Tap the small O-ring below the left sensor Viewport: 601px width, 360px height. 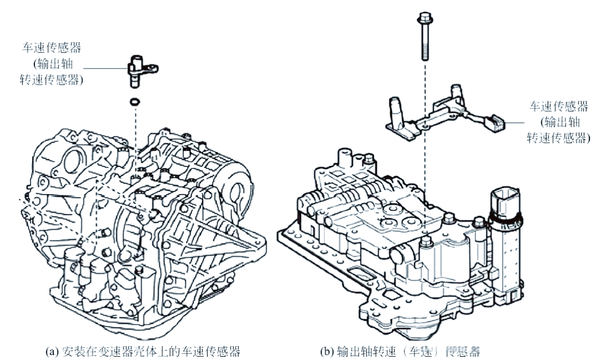[134, 102]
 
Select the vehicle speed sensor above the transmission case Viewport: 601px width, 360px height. [137, 70]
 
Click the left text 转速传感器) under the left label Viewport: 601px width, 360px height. [58, 80]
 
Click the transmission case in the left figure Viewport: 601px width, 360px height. [145, 234]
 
